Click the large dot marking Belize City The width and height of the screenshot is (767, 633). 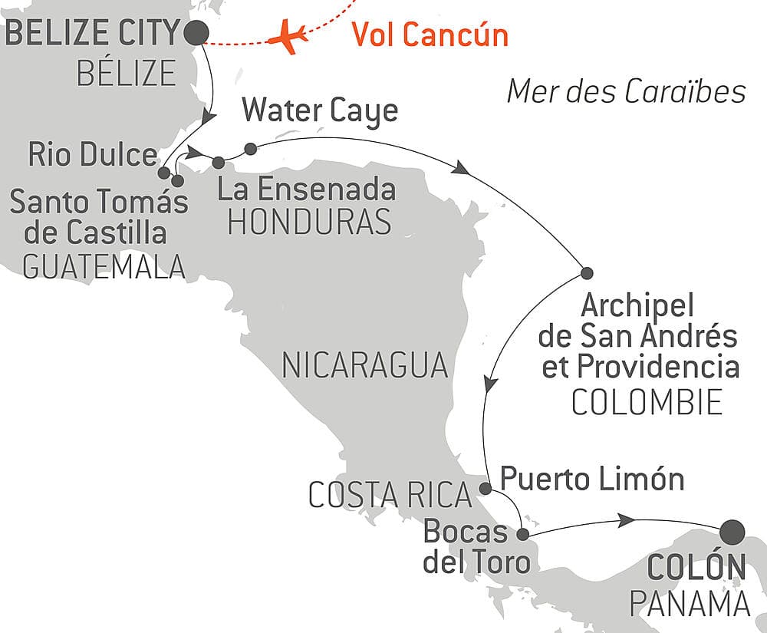(196, 33)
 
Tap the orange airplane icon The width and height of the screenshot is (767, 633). (288, 37)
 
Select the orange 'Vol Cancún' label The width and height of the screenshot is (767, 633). (430, 35)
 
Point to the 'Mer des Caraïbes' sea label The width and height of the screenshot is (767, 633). (626, 91)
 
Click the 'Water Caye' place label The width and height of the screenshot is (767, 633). (321, 111)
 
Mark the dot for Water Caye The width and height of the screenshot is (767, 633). (250, 149)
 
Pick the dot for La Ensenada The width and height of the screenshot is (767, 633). (219, 163)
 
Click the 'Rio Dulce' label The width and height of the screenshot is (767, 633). (93, 154)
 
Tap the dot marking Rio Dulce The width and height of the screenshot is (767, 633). (164, 173)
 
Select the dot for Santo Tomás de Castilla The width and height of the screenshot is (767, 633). (178, 181)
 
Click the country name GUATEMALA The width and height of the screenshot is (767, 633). (104, 267)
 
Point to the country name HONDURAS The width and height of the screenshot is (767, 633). (310, 222)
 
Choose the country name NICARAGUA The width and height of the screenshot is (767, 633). (365, 365)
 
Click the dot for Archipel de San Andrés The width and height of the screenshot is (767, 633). (587, 273)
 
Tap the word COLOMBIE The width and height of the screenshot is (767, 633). (647, 402)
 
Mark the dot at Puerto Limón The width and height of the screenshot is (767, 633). (485, 488)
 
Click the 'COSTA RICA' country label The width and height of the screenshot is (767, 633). (390, 495)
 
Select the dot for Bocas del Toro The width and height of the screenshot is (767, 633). (523, 534)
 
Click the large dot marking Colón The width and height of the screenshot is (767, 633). (732, 532)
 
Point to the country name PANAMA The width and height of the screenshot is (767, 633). (690, 604)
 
